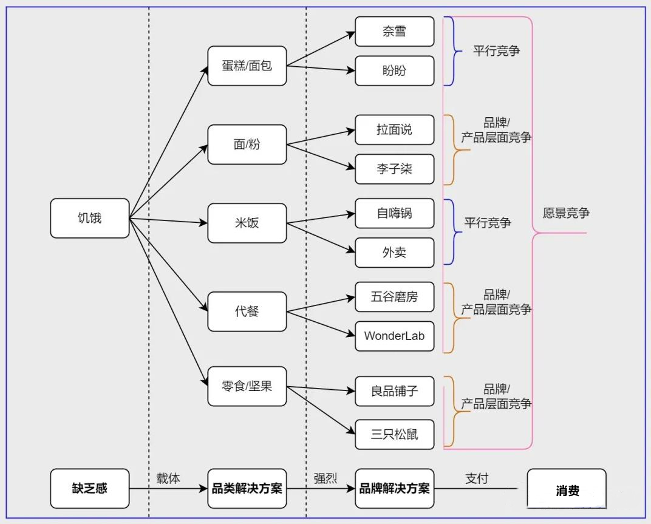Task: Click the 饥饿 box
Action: click(x=90, y=218)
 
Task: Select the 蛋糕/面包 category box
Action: click(x=247, y=66)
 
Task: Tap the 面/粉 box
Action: click(x=247, y=145)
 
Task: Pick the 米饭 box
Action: click(x=247, y=223)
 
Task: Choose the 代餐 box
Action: click(x=247, y=311)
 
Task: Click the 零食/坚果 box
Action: click(x=247, y=386)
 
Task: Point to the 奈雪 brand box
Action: click(x=394, y=32)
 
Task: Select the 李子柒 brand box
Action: click(x=394, y=169)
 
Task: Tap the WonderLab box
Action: click(x=394, y=336)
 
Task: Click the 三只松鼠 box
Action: click(x=394, y=434)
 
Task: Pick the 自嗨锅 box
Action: click(x=394, y=213)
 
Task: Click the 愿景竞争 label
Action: click(x=566, y=213)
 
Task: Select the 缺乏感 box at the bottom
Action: click(x=90, y=488)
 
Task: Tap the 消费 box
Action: click(x=567, y=491)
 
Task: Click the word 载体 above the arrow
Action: click(x=168, y=478)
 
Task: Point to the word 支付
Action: click(x=477, y=478)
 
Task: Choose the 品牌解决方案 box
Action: click(x=394, y=488)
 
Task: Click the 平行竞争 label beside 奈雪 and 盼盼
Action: click(x=496, y=51)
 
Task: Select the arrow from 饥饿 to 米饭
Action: click(x=170, y=221)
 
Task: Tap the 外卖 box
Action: click(x=394, y=253)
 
